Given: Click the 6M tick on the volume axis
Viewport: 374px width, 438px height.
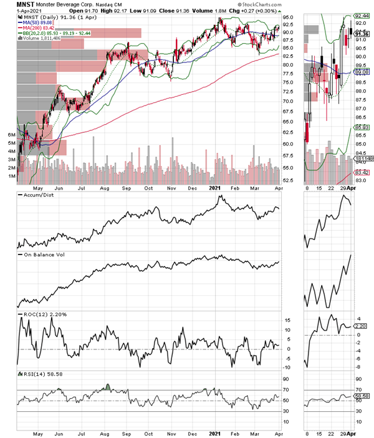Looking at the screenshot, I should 11,135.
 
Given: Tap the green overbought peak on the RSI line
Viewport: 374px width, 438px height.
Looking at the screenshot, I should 108,386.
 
